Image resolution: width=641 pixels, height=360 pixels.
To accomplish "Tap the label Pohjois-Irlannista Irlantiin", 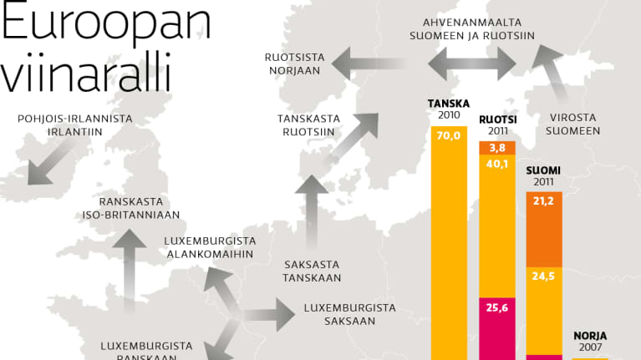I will (x=75, y=125).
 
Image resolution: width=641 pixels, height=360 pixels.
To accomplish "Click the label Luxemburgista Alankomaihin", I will (x=210, y=247).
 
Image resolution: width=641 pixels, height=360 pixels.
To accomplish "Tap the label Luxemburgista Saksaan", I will (x=349, y=314).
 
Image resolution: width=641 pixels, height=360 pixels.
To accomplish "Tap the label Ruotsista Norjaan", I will (x=293, y=64).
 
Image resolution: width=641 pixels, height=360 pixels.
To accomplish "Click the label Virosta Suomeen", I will (x=574, y=124).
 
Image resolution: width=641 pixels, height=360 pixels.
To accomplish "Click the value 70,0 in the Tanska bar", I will (x=449, y=136).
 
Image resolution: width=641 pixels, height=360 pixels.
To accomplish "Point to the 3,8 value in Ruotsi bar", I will (x=496, y=148).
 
